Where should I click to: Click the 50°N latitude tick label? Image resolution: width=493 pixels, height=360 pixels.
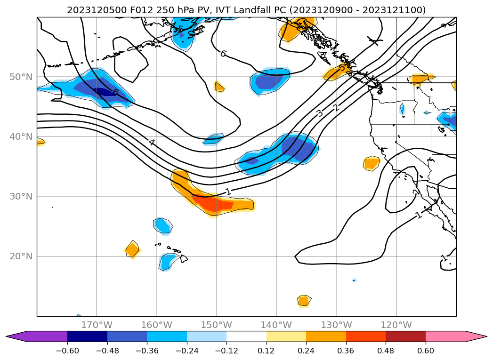[21, 77]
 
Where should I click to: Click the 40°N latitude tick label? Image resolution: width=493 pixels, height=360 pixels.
[21, 136]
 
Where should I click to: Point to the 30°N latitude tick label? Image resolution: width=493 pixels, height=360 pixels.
[21, 196]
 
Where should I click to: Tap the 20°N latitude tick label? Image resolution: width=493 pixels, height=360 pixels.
[21, 256]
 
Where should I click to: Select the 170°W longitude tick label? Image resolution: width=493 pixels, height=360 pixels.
[97, 325]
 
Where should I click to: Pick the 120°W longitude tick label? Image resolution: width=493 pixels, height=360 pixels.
[396, 325]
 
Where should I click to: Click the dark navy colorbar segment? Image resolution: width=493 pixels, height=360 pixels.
[87, 336]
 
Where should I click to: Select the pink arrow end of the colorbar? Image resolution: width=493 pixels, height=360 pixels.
[476, 336]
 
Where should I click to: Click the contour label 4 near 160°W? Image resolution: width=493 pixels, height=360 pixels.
[152, 142]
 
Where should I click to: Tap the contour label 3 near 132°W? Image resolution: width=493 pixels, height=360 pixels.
[320, 113]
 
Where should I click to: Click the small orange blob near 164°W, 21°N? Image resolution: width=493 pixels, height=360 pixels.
[132, 249]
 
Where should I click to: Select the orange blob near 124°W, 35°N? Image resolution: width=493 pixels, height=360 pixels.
[371, 163]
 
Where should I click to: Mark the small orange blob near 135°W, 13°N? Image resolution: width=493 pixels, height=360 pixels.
[304, 300]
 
